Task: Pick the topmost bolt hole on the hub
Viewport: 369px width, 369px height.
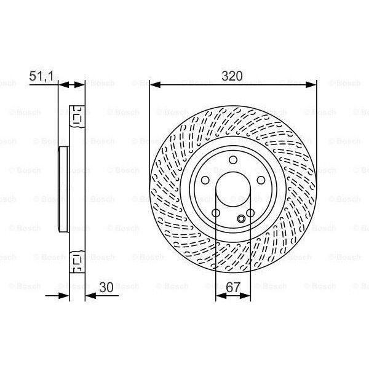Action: pos(233,161)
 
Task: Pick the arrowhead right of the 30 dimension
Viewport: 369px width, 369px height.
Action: pos(90,295)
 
